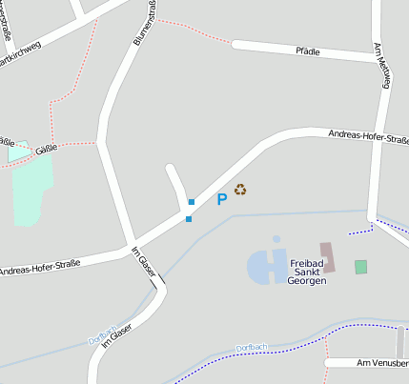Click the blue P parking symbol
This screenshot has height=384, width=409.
point(222,199)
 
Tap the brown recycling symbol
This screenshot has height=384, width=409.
point(241,190)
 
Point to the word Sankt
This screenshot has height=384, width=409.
point(307,272)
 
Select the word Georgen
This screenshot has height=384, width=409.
point(307,282)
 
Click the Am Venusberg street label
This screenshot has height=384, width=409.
point(381,363)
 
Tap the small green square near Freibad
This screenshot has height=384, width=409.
point(360,267)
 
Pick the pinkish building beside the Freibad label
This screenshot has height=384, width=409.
point(327,258)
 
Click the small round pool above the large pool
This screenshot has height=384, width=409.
point(276,240)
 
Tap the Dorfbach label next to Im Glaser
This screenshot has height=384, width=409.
point(102,338)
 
